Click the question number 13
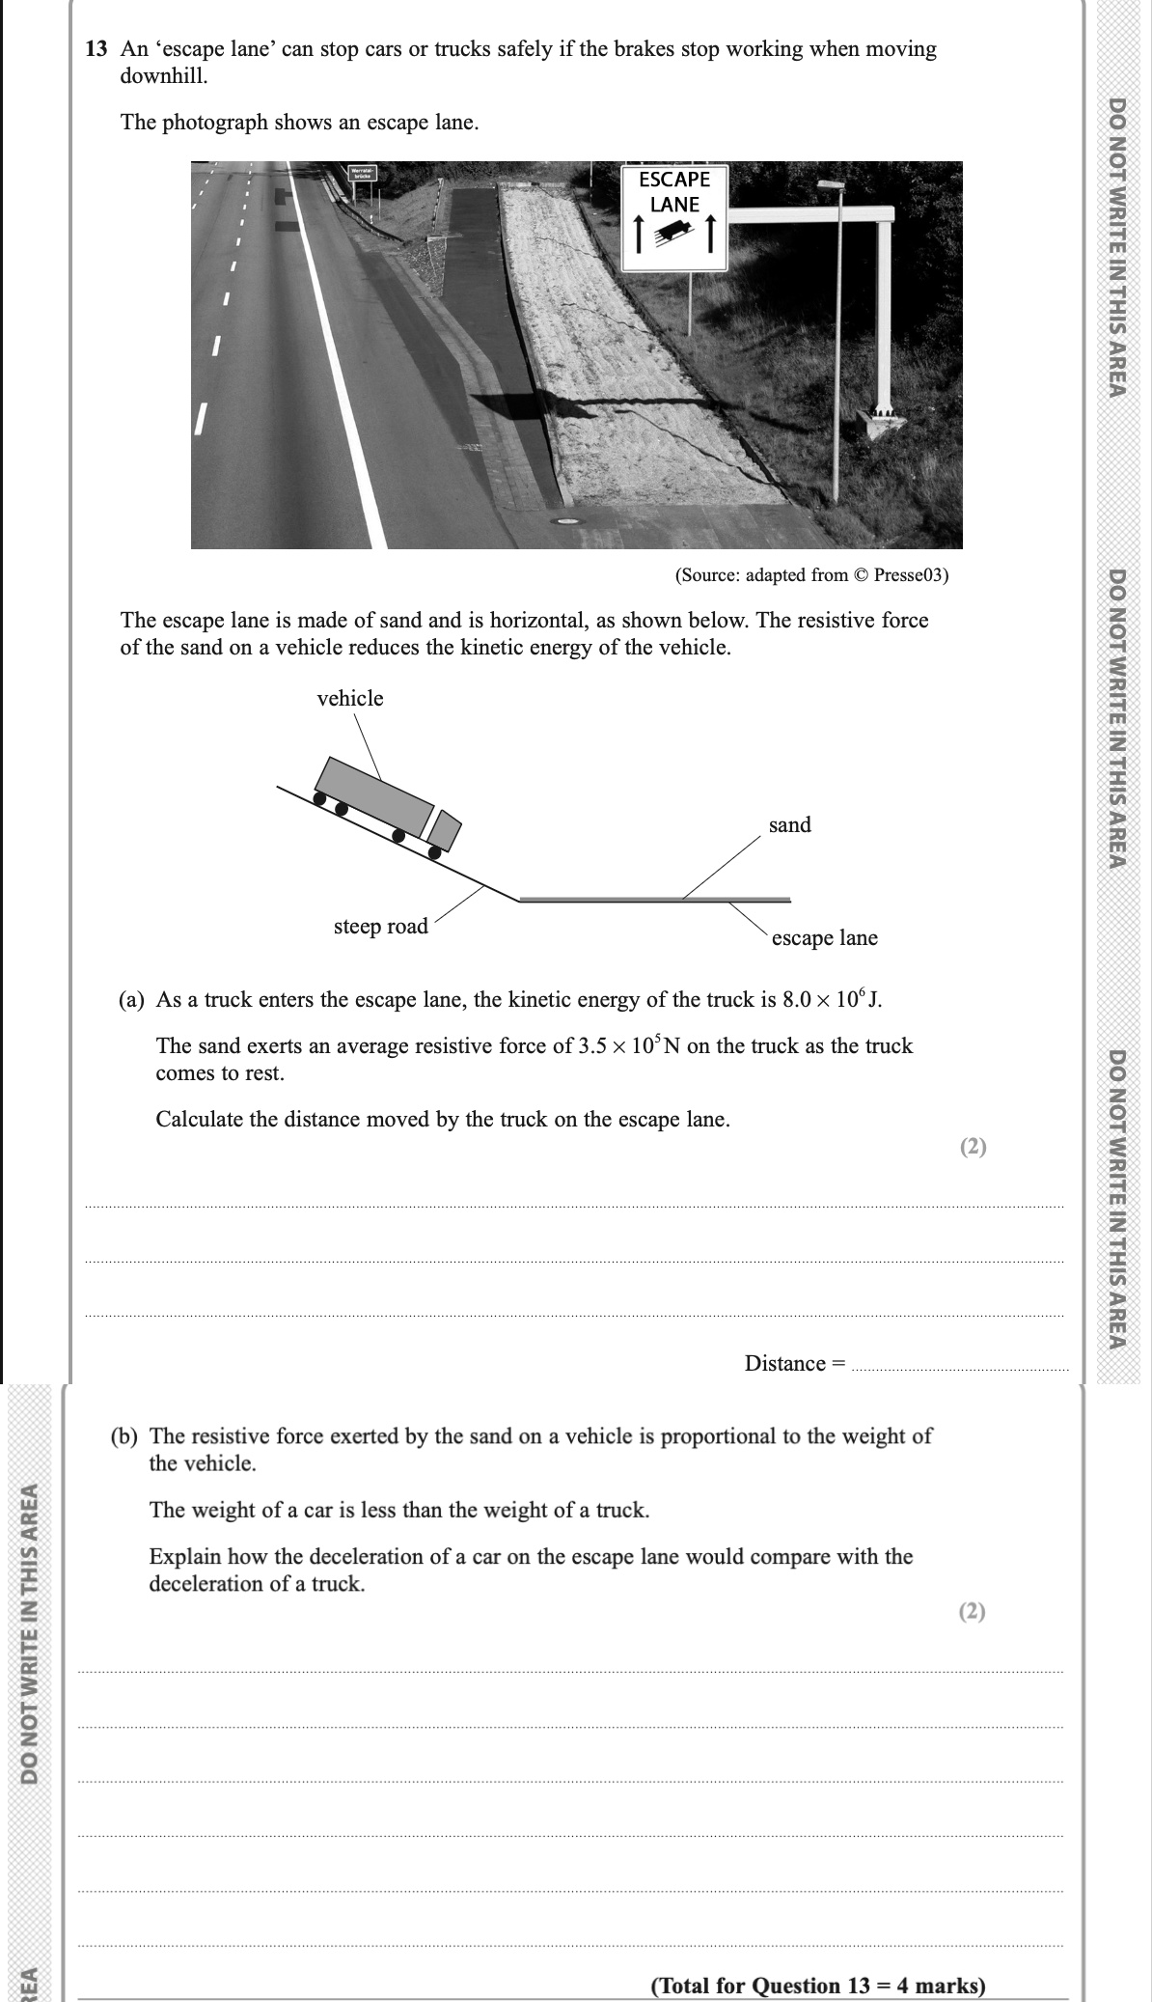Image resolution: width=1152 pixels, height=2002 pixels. point(96,49)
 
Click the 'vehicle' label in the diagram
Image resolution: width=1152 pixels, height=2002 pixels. point(349,698)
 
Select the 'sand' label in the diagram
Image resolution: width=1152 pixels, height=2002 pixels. point(789,824)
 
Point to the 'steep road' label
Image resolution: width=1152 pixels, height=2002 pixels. point(380,926)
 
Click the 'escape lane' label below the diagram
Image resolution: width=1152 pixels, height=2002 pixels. point(824,937)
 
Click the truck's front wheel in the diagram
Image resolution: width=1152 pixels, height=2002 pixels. point(434,851)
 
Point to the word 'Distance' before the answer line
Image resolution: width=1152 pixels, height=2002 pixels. point(785,1363)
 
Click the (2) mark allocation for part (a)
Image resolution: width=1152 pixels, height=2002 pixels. point(974,1147)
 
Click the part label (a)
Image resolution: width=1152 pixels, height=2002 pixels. point(131,999)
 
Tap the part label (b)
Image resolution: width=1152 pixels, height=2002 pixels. point(123,1435)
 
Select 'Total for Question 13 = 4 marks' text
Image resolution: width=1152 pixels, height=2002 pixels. point(818,1986)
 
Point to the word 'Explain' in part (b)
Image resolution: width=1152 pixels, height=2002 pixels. point(185,1556)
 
